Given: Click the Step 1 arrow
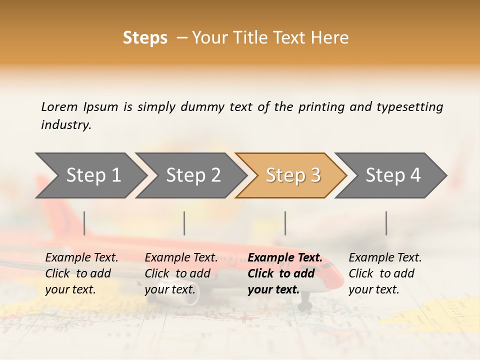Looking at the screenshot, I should tap(92, 175).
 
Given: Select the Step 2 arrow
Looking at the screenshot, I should tap(193, 175).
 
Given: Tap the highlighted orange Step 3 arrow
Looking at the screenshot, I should tap(292, 175).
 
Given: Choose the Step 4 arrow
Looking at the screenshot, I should tap(392, 175).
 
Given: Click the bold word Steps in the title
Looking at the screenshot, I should tap(145, 37).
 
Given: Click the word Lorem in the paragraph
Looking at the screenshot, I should tap(59, 106).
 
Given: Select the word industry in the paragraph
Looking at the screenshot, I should tap(65, 124).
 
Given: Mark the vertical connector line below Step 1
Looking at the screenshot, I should tap(84, 223).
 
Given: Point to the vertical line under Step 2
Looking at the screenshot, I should tap(184, 223).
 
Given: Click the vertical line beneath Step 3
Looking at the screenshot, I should tap(285, 223).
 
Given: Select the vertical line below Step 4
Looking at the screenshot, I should tap(386, 223).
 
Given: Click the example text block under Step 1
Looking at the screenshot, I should tap(81, 273).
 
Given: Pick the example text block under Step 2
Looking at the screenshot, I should tap(181, 273).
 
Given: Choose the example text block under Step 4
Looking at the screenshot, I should tap(385, 273).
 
